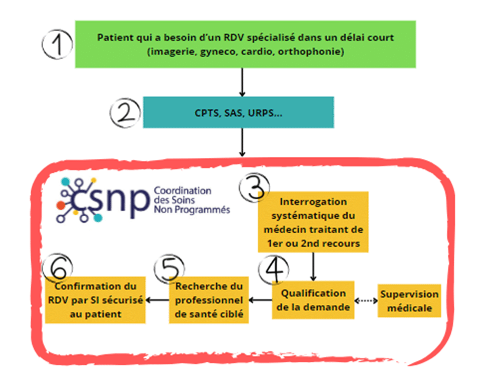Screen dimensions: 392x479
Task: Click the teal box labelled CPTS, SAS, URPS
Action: pos(238,112)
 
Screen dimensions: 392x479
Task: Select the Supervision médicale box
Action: pos(409,301)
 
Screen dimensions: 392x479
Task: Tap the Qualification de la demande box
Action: pos(313,300)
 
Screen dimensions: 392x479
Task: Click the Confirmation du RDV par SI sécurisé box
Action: pos(95,300)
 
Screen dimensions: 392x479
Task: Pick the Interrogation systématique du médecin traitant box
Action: pos(313,222)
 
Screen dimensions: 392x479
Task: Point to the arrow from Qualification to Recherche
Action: pos(261,300)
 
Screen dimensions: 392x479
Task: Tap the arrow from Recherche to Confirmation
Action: pos(157,300)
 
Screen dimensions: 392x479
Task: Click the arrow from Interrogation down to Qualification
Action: pos(313,266)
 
